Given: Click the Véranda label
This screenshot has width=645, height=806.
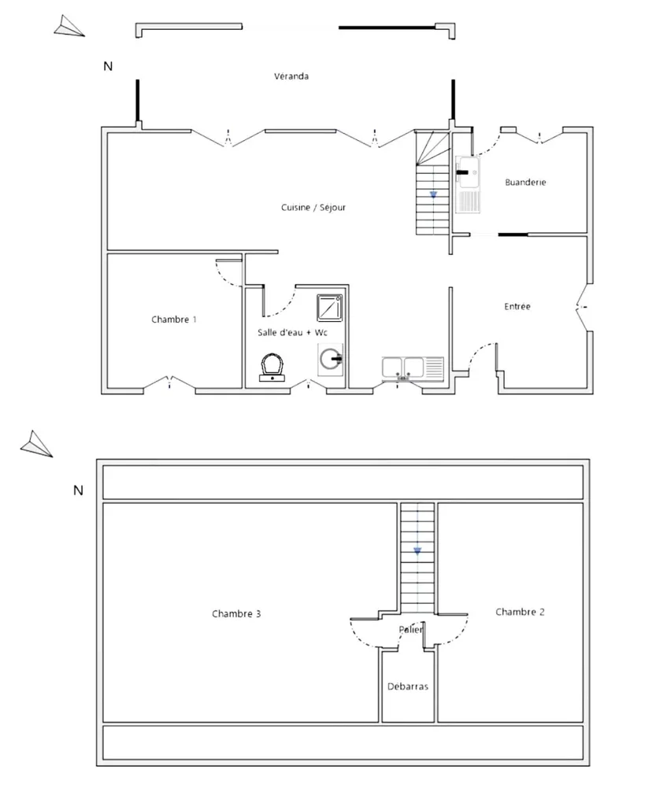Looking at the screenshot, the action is point(291,76).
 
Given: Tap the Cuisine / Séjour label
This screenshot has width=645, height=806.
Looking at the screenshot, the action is point(313,207).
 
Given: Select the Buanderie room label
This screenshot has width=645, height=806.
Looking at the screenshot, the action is point(525,182).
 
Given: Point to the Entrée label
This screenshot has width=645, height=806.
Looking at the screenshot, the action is point(517,306).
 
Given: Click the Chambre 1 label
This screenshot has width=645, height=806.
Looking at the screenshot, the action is point(174,320).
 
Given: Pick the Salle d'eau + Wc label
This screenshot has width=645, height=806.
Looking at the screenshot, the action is point(292,333).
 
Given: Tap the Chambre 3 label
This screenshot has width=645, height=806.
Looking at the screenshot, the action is point(236,614).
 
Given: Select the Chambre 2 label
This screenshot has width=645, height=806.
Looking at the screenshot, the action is point(520,612).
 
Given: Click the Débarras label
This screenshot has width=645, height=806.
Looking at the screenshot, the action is point(408,686).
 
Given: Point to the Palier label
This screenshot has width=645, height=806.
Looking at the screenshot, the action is point(411,629).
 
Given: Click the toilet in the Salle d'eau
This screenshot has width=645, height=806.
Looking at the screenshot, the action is point(272,368).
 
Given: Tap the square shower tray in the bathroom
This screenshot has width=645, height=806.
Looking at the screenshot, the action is point(330,308).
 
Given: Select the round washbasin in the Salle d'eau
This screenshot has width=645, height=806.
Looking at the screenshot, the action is point(330,359).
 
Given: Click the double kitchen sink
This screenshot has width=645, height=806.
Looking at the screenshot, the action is point(413,369).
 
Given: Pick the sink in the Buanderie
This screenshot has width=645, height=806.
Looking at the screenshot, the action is point(468,184).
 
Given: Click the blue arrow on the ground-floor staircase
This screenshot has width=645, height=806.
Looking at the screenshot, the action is point(434,195).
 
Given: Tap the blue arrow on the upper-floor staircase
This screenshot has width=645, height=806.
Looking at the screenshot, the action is point(417,552).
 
